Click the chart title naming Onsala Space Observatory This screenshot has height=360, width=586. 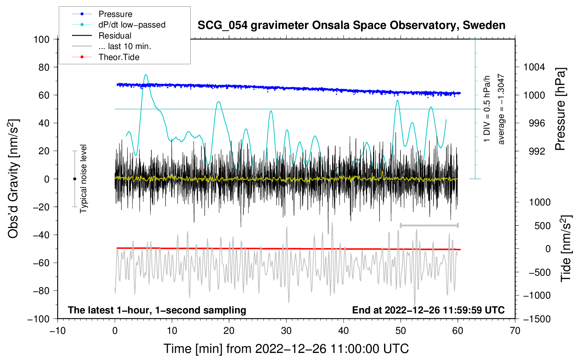pyautogui.click(x=351, y=25)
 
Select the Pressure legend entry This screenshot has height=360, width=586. pyautogui.click(x=115, y=14)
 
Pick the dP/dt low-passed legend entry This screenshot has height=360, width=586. pyautogui.click(x=132, y=25)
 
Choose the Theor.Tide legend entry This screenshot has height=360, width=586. pyautogui.click(x=119, y=57)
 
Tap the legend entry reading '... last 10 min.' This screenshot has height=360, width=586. pyautogui.click(x=125, y=46)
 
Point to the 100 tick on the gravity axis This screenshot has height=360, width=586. pyautogui.click(x=41, y=39)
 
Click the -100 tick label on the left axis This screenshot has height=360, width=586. pyautogui.click(x=38, y=319)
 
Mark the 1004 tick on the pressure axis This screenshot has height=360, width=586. pyautogui.click(x=534, y=67)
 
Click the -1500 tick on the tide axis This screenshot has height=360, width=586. pyautogui.click(x=537, y=319)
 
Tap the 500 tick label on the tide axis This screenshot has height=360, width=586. pyautogui.click(x=542, y=226)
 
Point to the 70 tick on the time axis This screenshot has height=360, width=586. pyautogui.click(x=515, y=331)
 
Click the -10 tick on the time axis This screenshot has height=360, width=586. pyautogui.click(x=58, y=331)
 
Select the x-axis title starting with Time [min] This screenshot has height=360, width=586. pyautogui.click(x=286, y=349)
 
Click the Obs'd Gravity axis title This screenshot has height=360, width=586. pyautogui.click(x=13, y=179)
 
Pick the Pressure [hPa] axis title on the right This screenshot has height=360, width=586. pyautogui.click(x=560, y=109)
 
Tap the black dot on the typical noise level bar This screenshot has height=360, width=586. pyautogui.click(x=74, y=179)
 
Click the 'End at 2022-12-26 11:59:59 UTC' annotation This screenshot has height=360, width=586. pyautogui.click(x=428, y=310)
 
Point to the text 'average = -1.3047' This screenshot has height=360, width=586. pyautogui.click(x=501, y=109)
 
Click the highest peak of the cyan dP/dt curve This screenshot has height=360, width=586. pyautogui.click(x=146, y=75)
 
